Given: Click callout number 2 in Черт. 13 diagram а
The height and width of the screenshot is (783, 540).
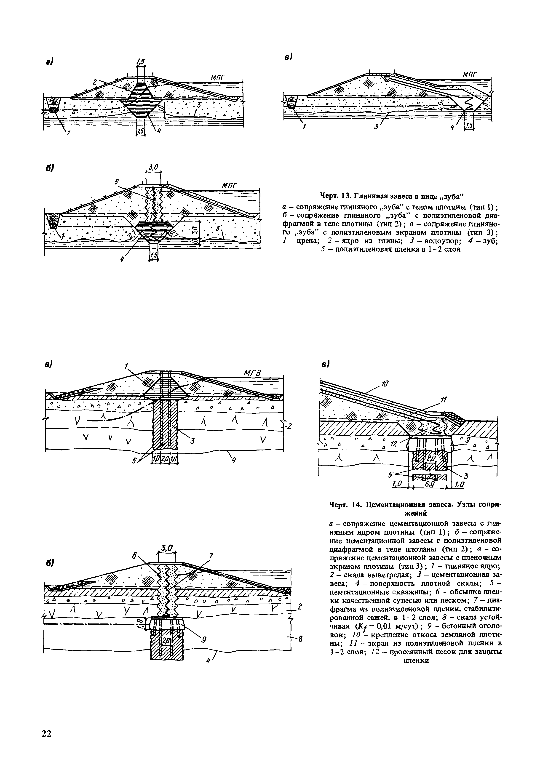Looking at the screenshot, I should click(95, 82).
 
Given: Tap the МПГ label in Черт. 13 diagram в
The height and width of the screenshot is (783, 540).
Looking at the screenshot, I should click(470, 74).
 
